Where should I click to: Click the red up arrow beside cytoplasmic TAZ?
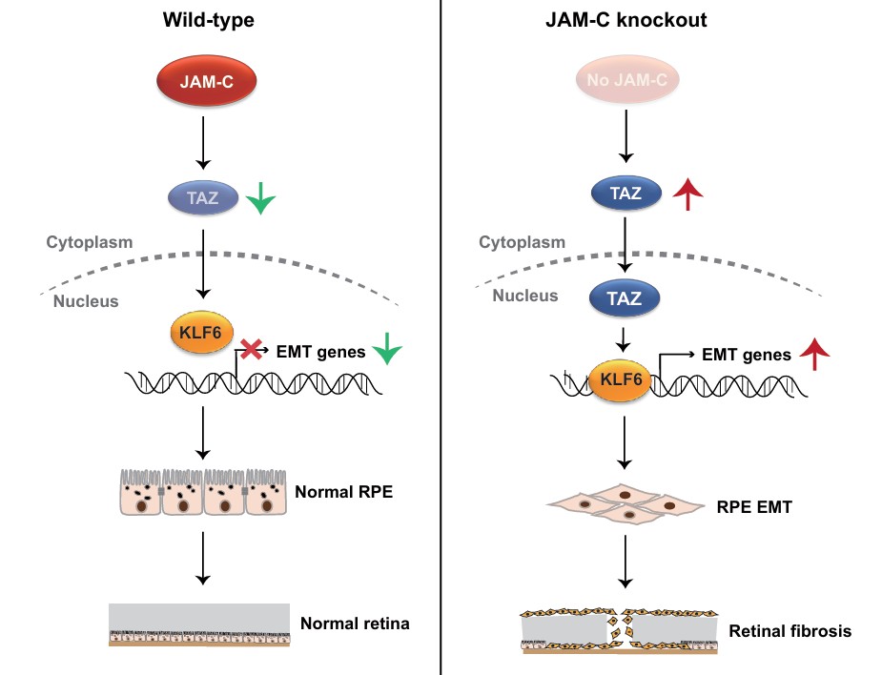click(686, 197)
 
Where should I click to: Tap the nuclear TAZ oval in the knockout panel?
click(626, 298)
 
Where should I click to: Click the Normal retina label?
click(355, 624)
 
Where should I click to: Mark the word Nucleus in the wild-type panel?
click(86, 301)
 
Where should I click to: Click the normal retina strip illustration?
click(200, 625)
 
